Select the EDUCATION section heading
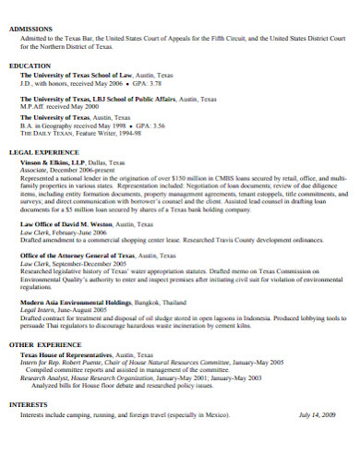(x=30, y=66)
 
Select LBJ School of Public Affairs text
(x=132, y=98)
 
